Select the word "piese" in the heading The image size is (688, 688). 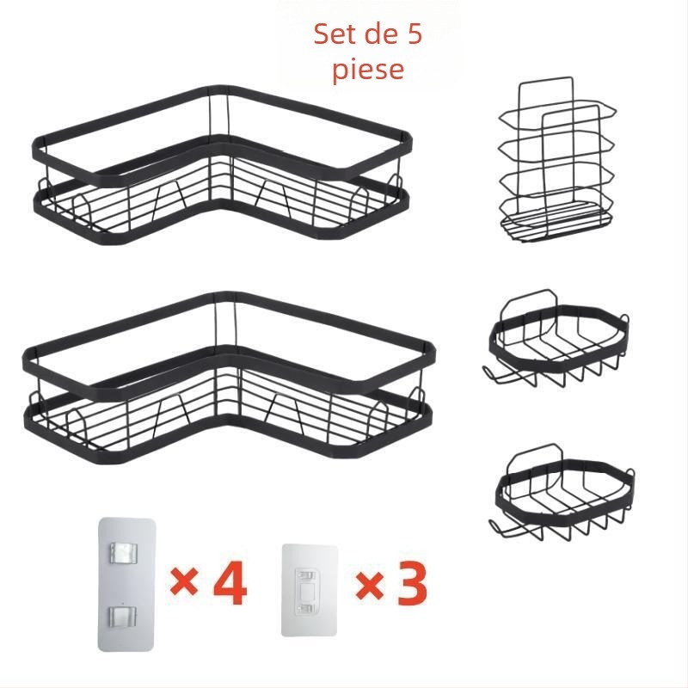(368, 69)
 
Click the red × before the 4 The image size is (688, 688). (184, 585)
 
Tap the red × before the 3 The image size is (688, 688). (369, 586)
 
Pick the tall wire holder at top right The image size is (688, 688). (549, 163)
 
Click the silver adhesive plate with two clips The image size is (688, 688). (126, 583)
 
